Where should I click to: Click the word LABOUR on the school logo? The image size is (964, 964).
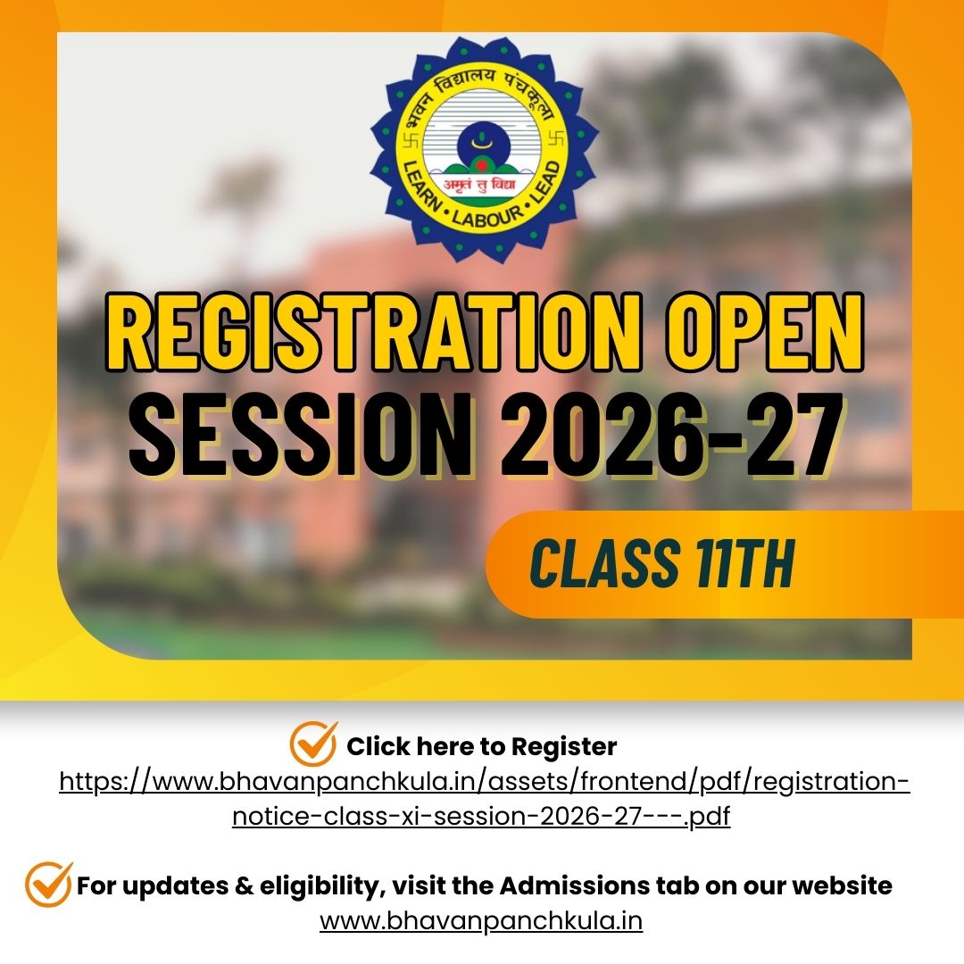487,216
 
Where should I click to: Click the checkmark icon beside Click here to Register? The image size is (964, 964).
313,744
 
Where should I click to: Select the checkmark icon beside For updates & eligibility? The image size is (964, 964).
48,885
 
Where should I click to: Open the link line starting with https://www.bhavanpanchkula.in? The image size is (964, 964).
485,782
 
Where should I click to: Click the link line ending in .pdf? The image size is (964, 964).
481,817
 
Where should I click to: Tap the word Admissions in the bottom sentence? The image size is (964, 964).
575,886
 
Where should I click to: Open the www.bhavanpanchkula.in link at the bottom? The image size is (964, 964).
481,921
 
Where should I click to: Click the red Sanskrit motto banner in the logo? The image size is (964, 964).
481,184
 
